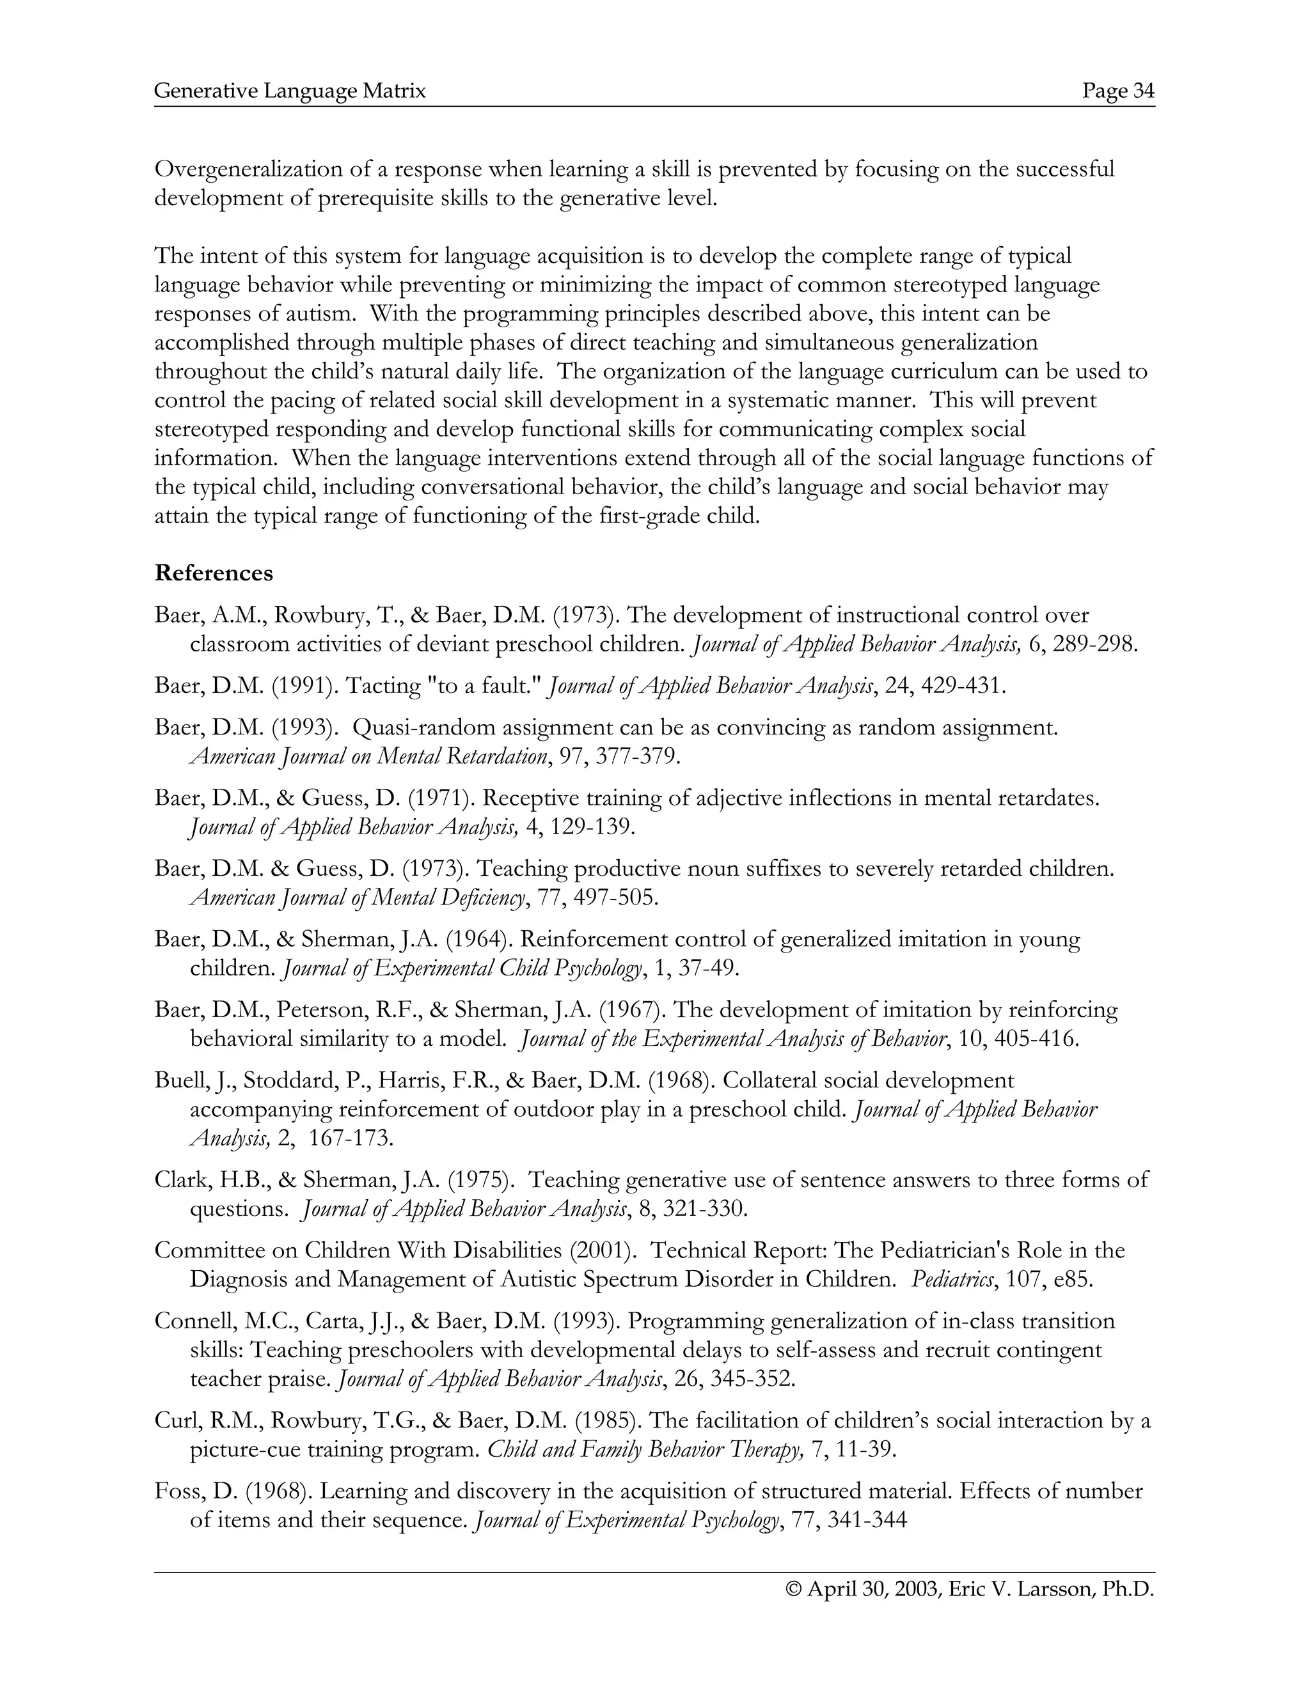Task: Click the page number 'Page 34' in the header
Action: (x=1118, y=91)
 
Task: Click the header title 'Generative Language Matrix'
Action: (x=290, y=91)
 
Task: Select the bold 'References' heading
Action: (x=214, y=573)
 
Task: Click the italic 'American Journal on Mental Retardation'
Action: (x=368, y=756)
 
